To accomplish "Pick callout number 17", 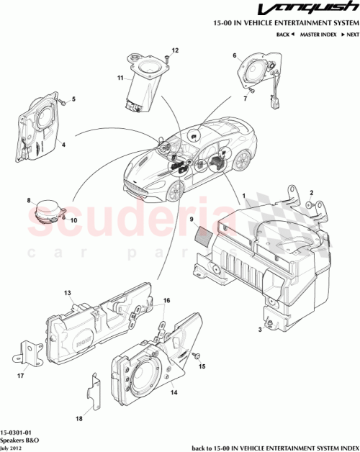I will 19,375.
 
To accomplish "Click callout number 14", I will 173,393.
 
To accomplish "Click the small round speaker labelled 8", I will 48,212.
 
